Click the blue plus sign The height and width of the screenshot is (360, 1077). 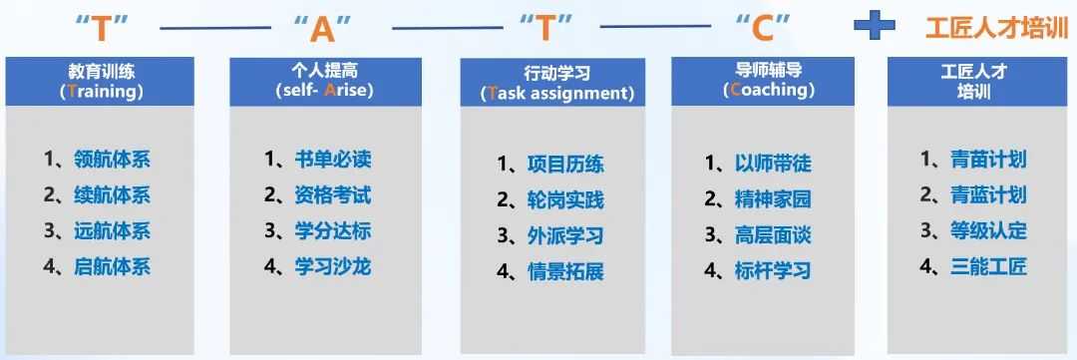(x=874, y=27)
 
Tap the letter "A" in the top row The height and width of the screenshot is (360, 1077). (x=323, y=29)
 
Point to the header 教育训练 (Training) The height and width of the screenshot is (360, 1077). (x=100, y=81)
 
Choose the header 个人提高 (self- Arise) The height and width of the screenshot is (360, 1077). (x=325, y=81)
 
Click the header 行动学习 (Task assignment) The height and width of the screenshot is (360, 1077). (x=556, y=83)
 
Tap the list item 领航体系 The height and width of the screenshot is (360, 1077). (x=112, y=161)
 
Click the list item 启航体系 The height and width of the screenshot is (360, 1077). (x=112, y=266)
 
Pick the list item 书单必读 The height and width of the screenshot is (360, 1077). (x=333, y=161)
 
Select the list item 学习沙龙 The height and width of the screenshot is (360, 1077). (x=333, y=266)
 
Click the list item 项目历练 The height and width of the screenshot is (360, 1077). (x=566, y=165)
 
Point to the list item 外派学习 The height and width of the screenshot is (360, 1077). (x=566, y=235)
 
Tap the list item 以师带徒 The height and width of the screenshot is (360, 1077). (x=773, y=164)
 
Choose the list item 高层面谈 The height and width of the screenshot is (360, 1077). (x=773, y=235)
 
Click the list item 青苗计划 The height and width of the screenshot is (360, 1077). (x=989, y=161)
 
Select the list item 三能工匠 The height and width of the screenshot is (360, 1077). (x=989, y=266)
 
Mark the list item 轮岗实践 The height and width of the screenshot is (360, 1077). (x=566, y=200)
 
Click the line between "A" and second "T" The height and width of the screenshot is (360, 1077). (x=447, y=28)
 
